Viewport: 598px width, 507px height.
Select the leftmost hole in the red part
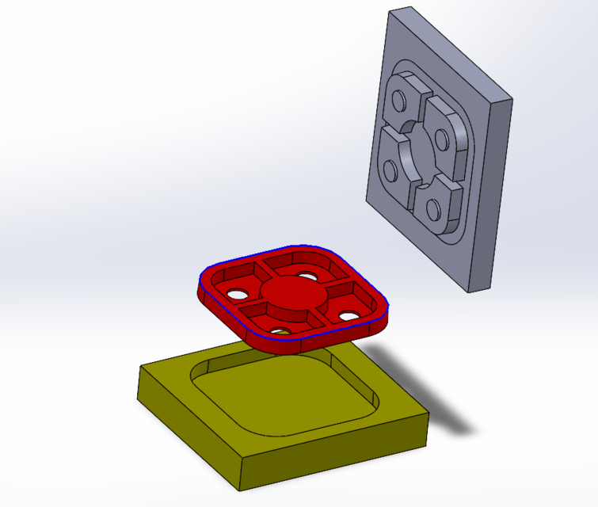pos(236,294)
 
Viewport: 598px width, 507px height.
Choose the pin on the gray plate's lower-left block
pos(390,170)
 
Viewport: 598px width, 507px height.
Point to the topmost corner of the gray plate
pos(410,9)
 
